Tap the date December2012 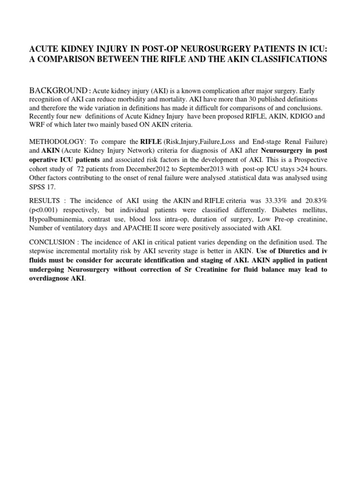click(141, 168)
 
